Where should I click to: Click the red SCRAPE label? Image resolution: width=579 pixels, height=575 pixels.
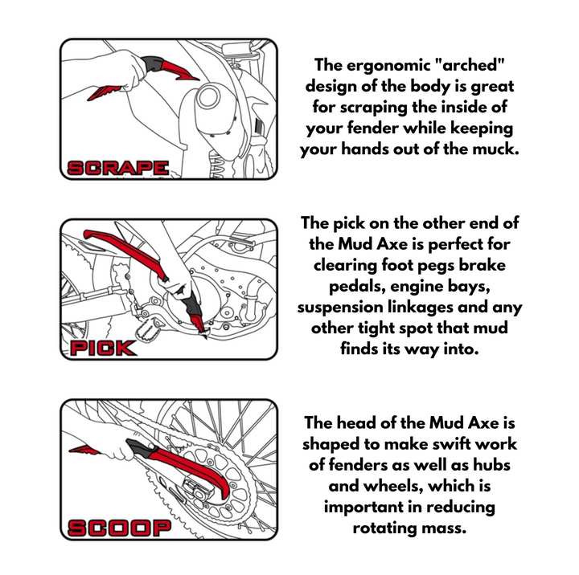(x=118, y=168)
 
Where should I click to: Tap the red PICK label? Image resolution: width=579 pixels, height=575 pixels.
(x=104, y=349)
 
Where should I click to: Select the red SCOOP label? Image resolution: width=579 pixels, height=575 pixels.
(x=120, y=528)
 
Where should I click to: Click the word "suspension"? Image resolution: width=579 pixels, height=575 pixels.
(x=339, y=308)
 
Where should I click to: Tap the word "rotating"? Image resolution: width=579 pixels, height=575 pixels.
(x=384, y=528)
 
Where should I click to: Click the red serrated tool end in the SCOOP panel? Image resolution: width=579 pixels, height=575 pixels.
(x=84, y=450)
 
